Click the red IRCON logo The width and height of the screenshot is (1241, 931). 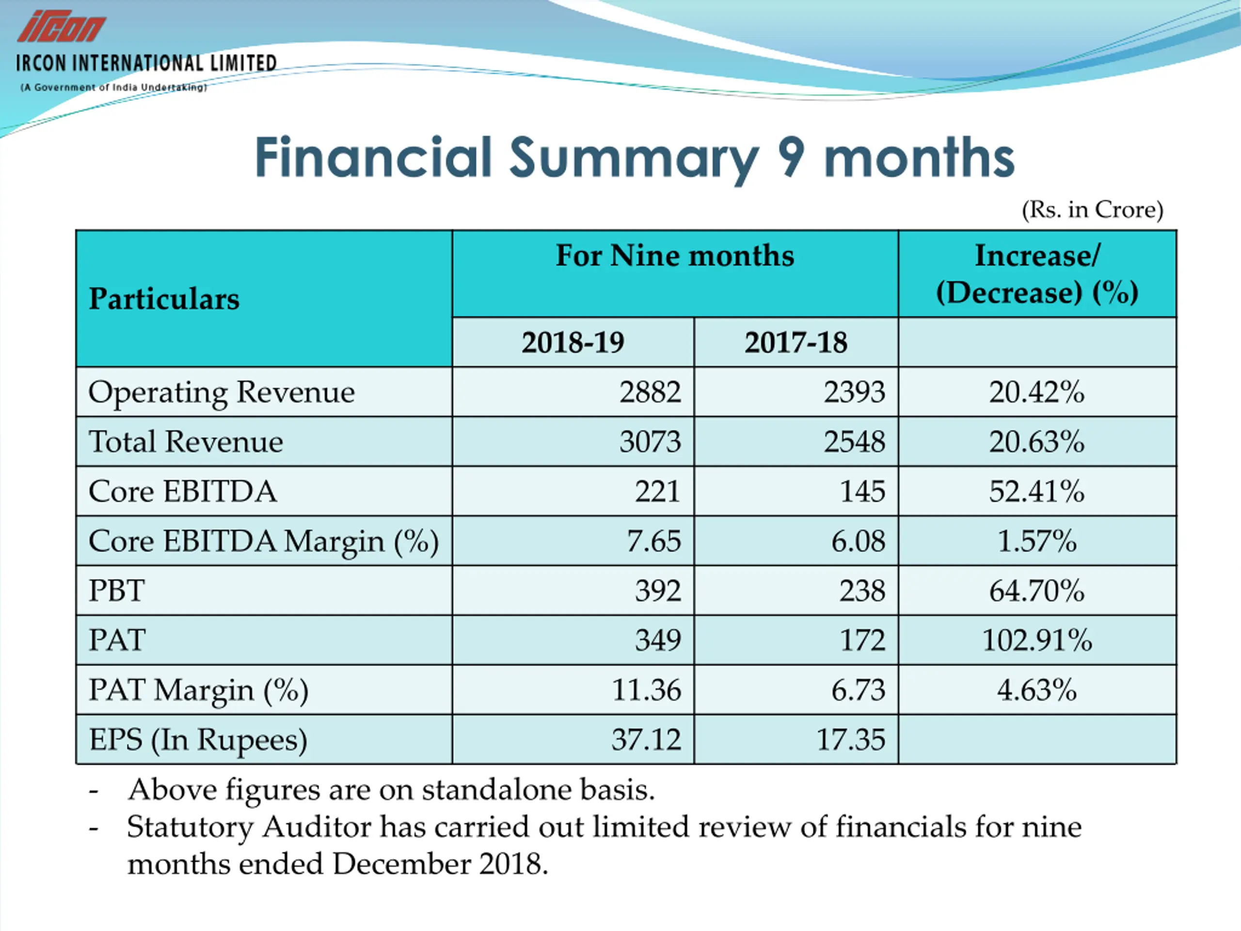[61, 26]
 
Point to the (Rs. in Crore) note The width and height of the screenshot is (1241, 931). [1092, 210]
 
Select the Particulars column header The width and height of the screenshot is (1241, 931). [164, 299]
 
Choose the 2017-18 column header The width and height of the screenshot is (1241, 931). [796, 342]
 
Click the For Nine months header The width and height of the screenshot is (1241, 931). [674, 256]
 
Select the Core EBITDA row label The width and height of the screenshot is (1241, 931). [183, 492]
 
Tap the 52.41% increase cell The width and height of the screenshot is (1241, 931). [1036, 492]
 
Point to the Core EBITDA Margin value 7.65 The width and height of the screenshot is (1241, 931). [653, 541]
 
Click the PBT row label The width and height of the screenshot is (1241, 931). [117, 591]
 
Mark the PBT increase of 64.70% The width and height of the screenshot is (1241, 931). [1036, 591]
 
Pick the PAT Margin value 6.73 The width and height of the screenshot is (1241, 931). [858, 690]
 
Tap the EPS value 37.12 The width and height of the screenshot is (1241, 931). [646, 739]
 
